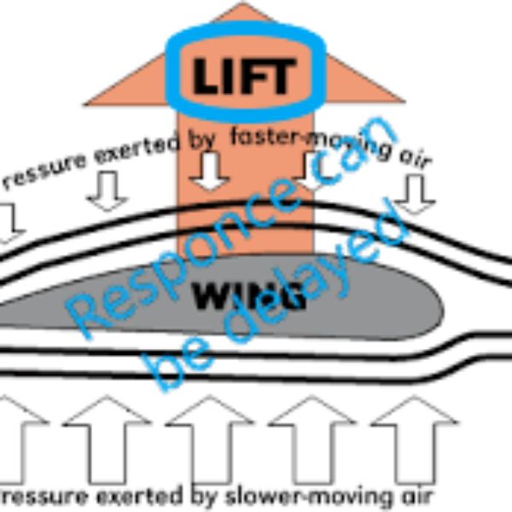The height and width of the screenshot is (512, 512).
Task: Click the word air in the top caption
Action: pos(416,160)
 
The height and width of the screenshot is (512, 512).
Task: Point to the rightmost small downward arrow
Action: pos(416,194)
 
